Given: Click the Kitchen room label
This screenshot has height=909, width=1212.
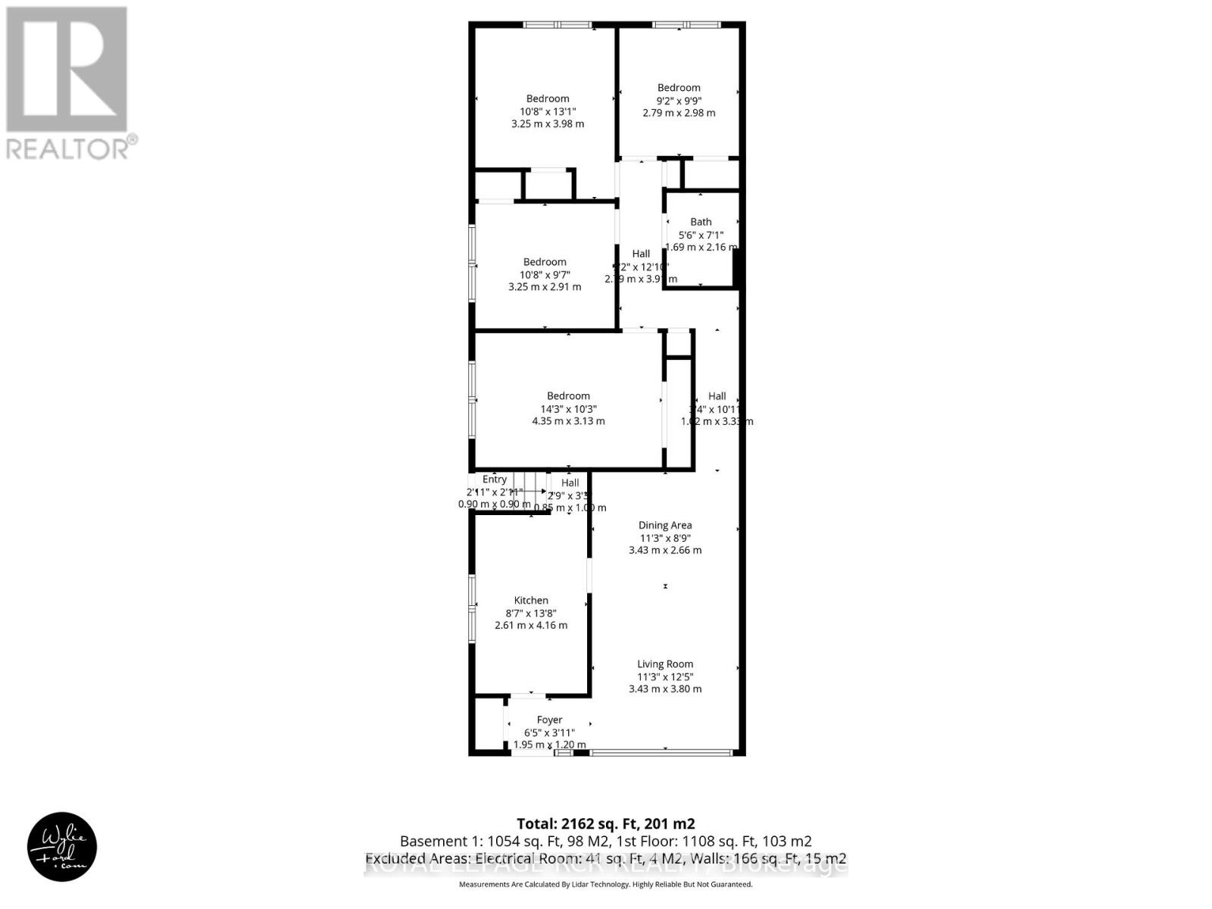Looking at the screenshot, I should (531, 600).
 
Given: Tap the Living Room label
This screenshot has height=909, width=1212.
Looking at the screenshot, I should (665, 664).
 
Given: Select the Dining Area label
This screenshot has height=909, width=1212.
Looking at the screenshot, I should (665, 525).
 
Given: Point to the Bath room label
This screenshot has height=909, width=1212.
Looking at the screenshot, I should (701, 222).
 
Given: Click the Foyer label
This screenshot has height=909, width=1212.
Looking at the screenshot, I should (549, 720).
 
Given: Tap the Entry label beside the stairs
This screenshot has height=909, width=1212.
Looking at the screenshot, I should (495, 479).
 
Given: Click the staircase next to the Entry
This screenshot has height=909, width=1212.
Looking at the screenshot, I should (529, 491).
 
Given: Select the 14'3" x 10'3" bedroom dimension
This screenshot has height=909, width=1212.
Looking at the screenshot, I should (568, 408).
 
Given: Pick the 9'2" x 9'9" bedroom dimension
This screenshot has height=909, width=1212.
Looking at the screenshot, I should (679, 100).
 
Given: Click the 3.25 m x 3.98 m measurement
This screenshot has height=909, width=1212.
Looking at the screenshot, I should (548, 123).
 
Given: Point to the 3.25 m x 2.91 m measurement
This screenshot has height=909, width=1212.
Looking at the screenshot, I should (545, 287).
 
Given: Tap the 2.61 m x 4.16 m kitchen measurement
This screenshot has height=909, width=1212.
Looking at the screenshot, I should (531, 625).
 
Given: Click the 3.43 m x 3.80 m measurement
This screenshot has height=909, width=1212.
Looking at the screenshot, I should (665, 689).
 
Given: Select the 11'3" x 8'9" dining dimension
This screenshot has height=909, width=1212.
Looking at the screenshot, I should (665, 538).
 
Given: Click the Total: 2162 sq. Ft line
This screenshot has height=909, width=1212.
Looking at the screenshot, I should (605, 823).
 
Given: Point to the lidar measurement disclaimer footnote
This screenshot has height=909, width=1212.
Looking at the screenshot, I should (605, 884).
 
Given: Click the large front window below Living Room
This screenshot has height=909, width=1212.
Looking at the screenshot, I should (661, 752).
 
